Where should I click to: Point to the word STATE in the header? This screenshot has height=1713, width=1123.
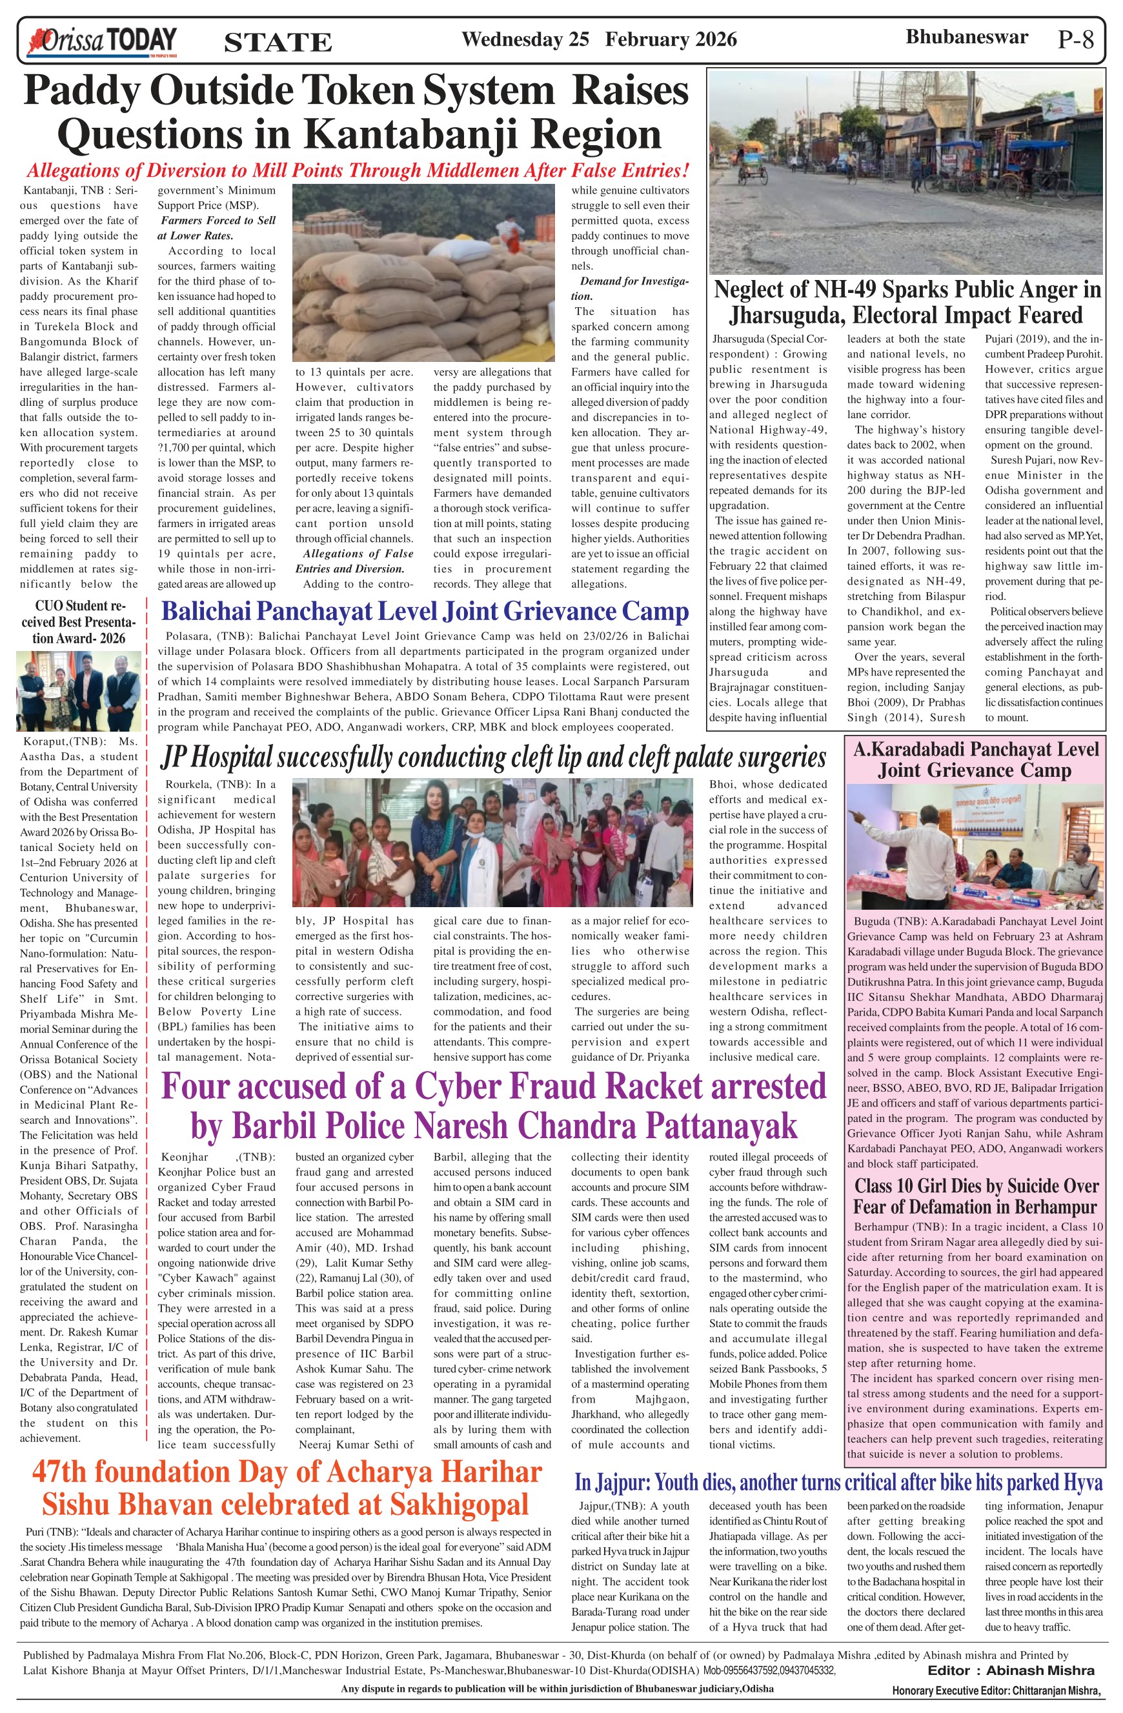click(x=278, y=43)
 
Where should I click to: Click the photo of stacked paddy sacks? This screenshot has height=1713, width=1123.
click(x=423, y=273)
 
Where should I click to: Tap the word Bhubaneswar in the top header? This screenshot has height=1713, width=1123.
click(x=966, y=37)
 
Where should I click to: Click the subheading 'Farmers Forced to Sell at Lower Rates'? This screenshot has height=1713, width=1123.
click(x=217, y=228)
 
